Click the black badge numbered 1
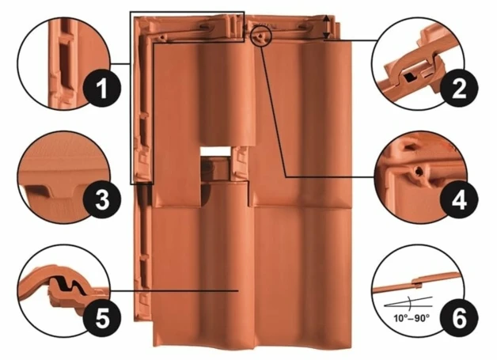[x=102, y=89]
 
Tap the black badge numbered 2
[x=458, y=89]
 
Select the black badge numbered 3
[x=102, y=200]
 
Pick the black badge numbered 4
[x=458, y=200]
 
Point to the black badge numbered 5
[x=102, y=318]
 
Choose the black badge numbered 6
[x=458, y=318]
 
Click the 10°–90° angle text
[x=412, y=317]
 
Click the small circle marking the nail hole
[x=261, y=36]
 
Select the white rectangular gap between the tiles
[x=215, y=151]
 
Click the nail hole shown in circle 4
[x=419, y=172]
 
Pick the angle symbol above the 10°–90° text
[x=408, y=303]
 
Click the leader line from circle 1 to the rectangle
[x=120, y=64]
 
